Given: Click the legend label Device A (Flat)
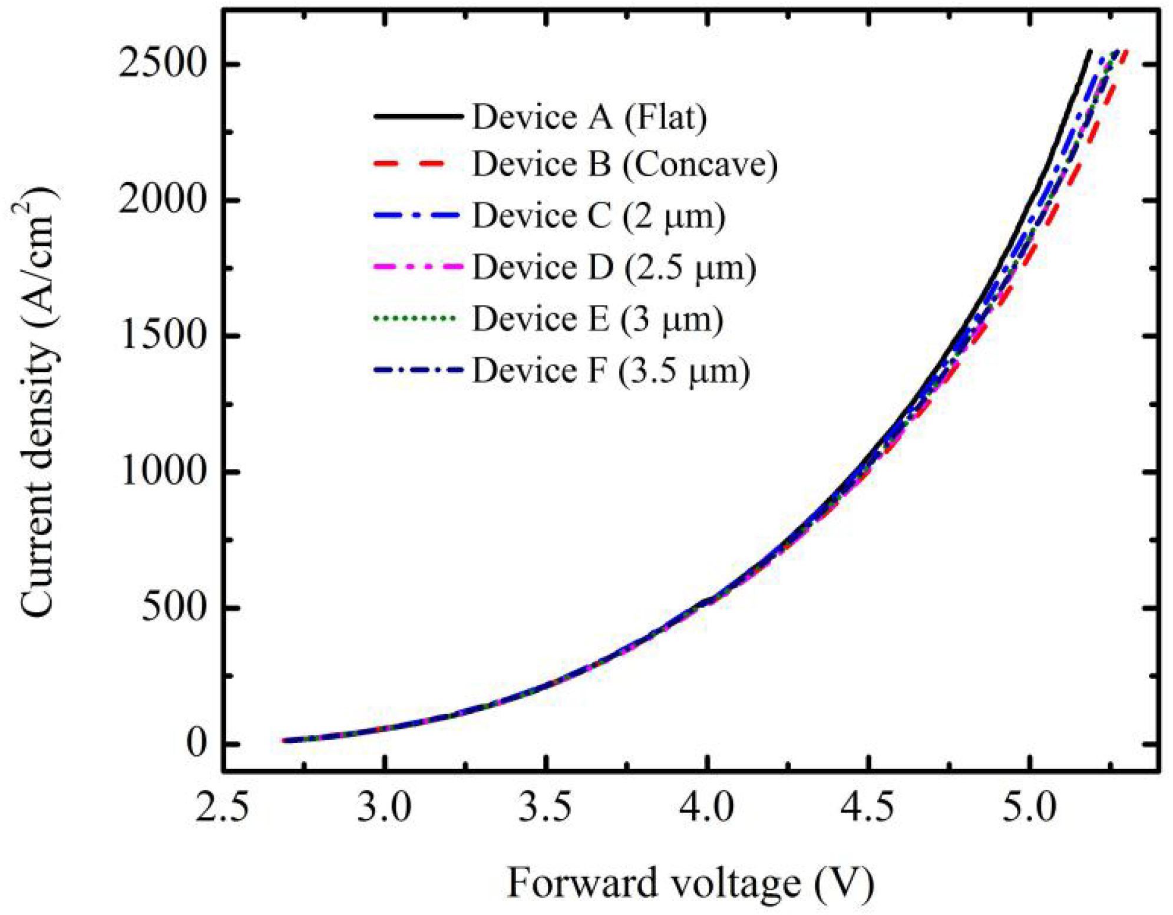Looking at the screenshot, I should [x=589, y=117].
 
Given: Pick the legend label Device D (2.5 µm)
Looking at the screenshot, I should [x=614, y=268].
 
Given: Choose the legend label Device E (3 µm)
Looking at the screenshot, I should [x=597, y=319].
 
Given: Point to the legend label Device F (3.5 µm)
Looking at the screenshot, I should [x=611, y=371].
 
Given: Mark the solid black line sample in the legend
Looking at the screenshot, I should [x=417, y=116].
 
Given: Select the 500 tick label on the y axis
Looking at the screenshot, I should [x=174, y=607].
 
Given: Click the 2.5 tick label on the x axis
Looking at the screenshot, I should [x=223, y=808].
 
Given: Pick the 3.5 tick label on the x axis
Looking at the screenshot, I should [x=546, y=808].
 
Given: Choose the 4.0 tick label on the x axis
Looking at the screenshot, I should [x=706, y=808].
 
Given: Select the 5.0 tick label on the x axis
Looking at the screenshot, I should [x=1029, y=808].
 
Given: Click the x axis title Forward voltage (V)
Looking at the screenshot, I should [x=690, y=883].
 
